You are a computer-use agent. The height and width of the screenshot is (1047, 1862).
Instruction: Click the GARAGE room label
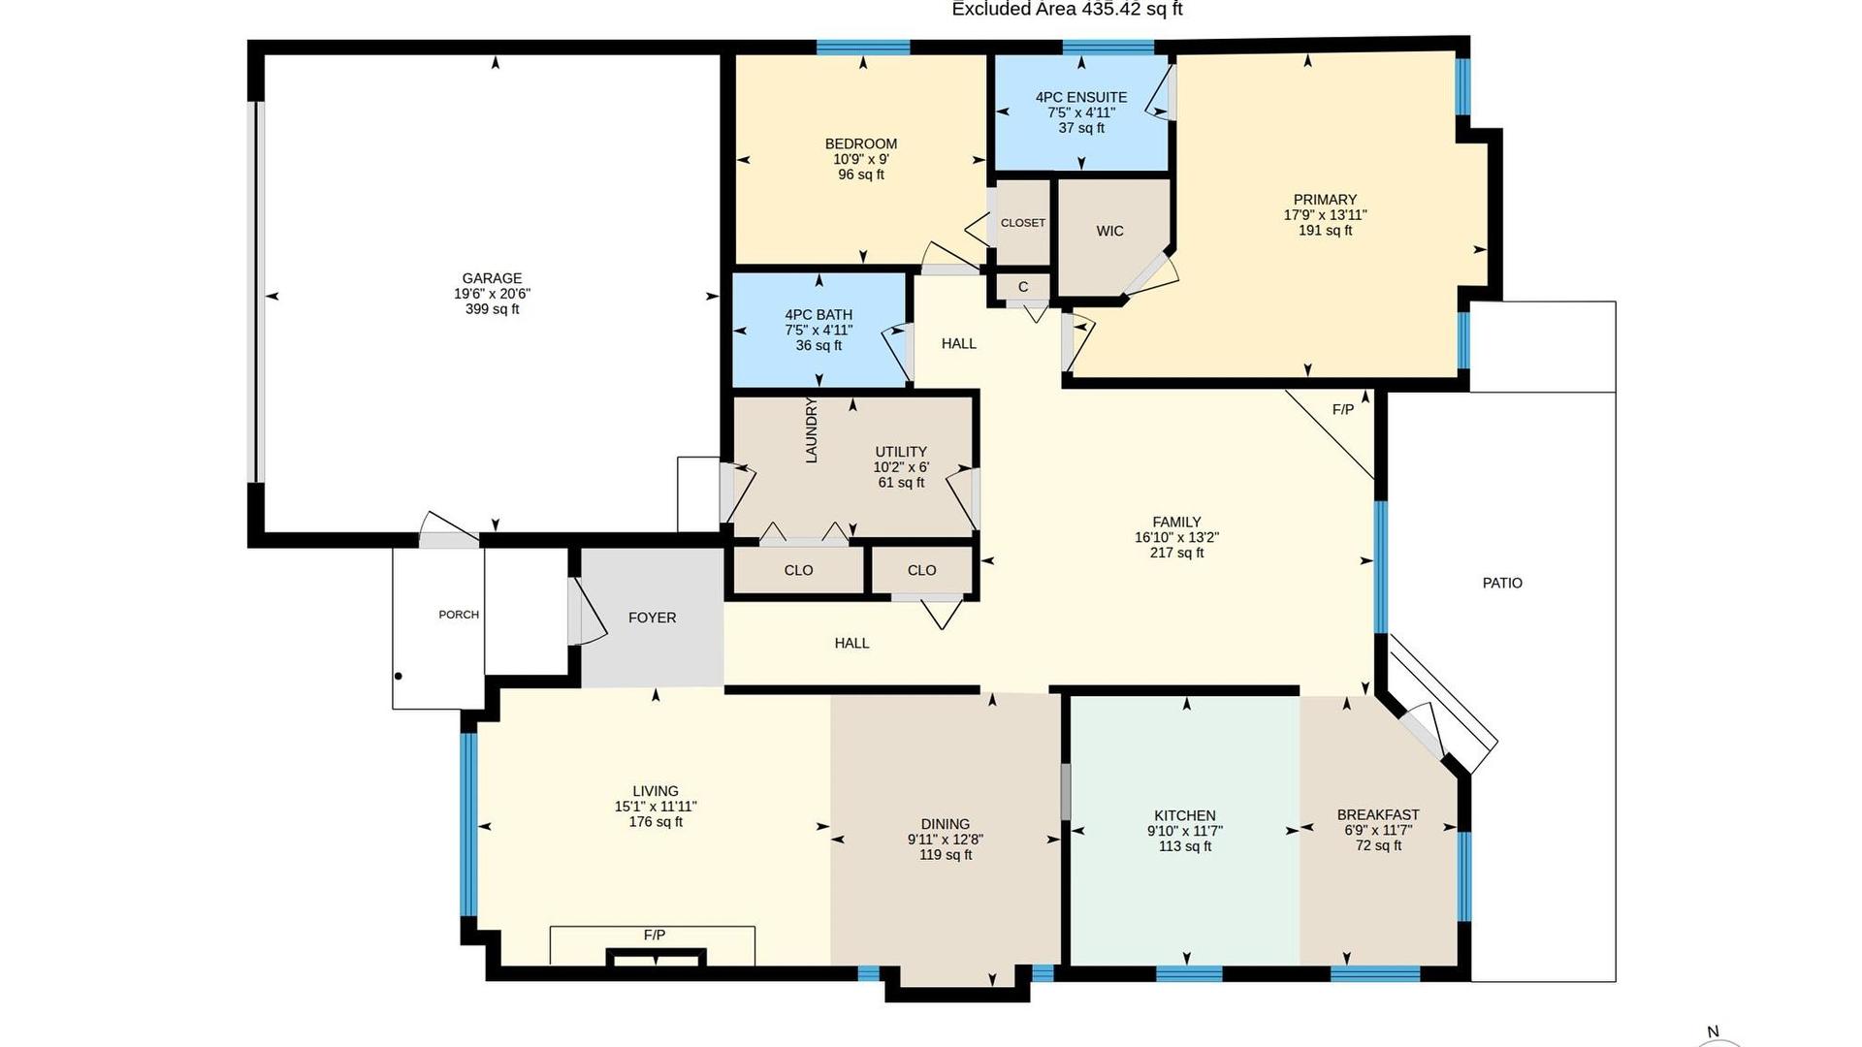492,278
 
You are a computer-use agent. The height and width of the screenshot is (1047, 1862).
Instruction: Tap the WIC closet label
1109,231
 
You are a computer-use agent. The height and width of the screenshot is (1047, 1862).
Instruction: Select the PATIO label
1502,583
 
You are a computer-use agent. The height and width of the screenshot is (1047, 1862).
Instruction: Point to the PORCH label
459,615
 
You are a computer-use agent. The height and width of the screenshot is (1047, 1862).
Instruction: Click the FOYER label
652,618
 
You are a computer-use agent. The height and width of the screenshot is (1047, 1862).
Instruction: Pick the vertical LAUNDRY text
812,430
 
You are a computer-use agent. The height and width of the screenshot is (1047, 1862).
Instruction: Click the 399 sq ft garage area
492,309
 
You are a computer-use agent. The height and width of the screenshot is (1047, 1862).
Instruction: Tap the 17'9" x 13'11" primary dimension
1325,215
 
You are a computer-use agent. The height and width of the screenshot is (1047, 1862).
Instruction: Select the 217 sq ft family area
1176,553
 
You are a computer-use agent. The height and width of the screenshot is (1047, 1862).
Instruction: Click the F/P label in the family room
1343,410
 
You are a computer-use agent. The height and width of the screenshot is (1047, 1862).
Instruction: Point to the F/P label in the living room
655,935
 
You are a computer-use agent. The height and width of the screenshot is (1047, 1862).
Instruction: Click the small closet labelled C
1023,287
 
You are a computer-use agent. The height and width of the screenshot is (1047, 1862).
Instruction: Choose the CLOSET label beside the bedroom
1023,223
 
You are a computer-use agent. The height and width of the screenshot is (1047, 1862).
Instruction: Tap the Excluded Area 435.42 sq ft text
1067,10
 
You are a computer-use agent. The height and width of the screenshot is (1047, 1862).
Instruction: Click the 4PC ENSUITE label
1081,97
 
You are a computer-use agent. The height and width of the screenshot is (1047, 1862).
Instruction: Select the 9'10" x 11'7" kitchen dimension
1185,831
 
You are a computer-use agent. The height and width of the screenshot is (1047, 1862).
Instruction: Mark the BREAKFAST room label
1378,815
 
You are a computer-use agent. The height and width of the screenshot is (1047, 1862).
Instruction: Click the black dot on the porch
398,676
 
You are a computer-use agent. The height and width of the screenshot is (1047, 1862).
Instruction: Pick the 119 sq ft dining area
946,855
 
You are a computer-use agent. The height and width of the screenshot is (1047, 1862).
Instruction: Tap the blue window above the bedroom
863,47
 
